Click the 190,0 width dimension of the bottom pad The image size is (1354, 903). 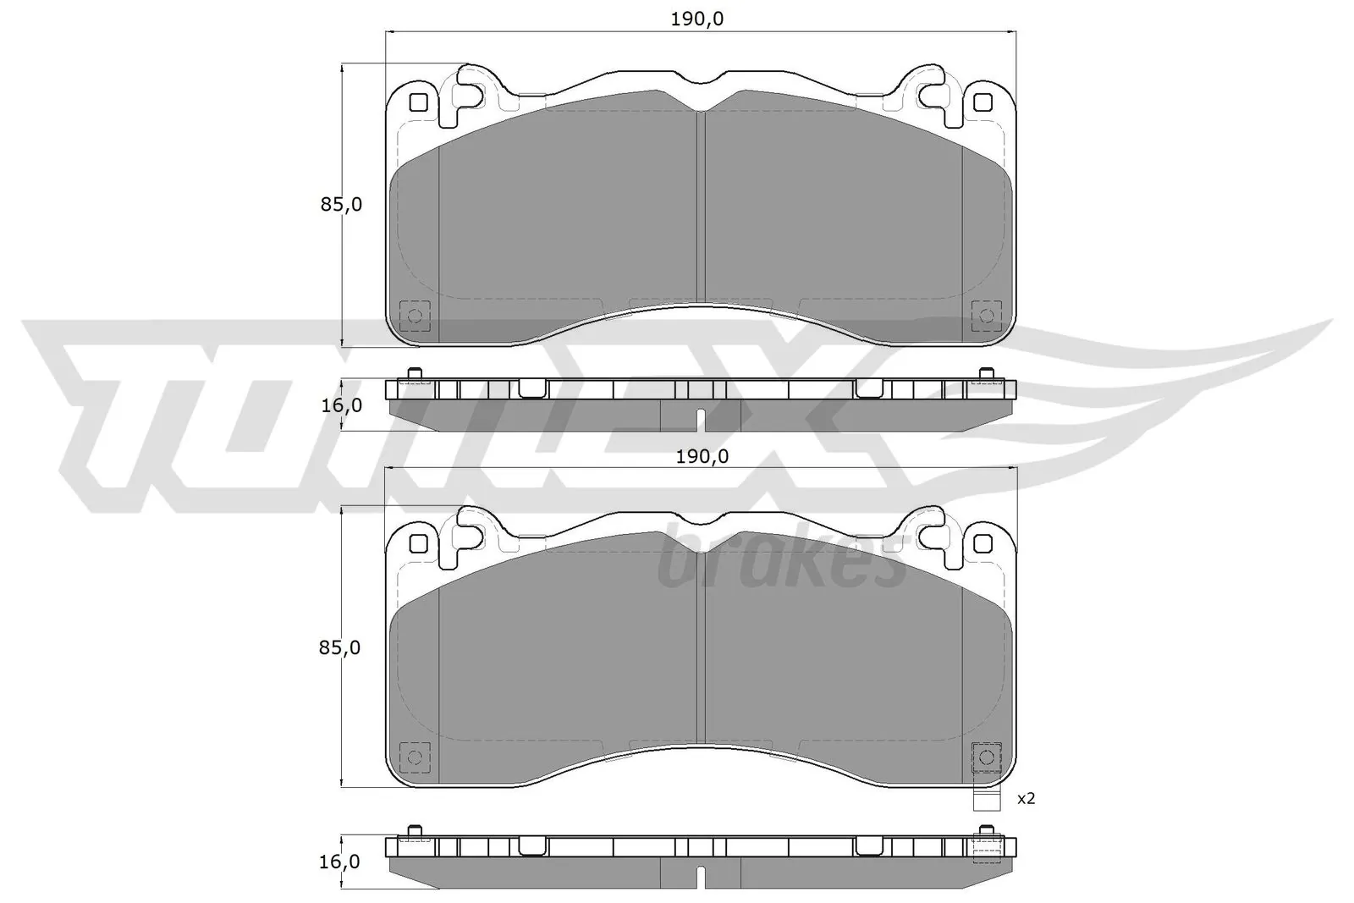tap(701, 456)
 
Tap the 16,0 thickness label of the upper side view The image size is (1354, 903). tap(342, 405)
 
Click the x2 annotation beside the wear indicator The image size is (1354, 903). tap(1026, 798)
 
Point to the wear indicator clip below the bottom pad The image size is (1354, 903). tap(987, 798)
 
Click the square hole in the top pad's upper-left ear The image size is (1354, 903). tap(417, 103)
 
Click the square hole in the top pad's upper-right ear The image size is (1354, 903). tap(982, 103)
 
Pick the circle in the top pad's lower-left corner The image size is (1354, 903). tap(415, 317)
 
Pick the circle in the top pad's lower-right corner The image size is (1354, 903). tap(986, 317)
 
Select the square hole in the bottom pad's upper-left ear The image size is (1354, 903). tap(417, 542)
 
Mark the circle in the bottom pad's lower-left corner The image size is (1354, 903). tap(415, 757)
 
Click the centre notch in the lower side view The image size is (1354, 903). tap(700, 876)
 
